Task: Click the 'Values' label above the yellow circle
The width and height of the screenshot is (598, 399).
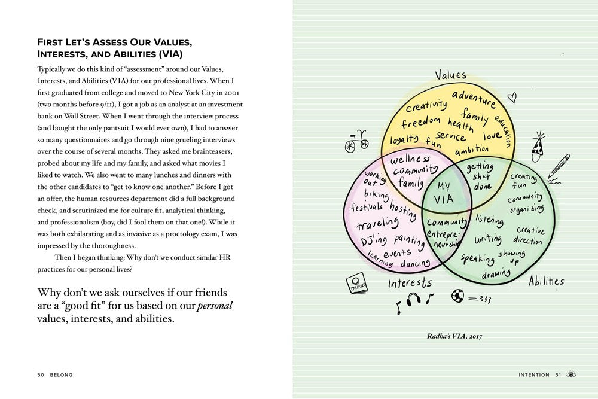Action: point(450,75)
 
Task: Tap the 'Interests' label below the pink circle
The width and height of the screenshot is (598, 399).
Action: point(410,282)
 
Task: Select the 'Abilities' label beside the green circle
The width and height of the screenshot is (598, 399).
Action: point(545,281)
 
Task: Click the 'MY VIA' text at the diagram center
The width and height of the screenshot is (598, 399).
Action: point(444,192)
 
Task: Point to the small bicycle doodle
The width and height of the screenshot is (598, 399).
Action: point(356,141)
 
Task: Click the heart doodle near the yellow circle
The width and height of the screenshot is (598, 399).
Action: point(511,97)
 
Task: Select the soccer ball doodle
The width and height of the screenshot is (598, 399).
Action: point(459,295)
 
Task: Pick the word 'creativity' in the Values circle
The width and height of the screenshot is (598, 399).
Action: point(426,106)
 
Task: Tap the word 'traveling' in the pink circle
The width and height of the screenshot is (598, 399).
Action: point(378,224)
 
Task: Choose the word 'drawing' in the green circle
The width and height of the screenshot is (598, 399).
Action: point(496,275)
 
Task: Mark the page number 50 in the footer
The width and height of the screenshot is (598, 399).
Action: point(41,375)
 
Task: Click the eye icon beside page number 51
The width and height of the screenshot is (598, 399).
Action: point(572,374)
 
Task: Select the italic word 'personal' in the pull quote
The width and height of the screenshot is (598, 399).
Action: point(215,306)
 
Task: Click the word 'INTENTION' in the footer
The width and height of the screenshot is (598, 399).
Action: point(533,375)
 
